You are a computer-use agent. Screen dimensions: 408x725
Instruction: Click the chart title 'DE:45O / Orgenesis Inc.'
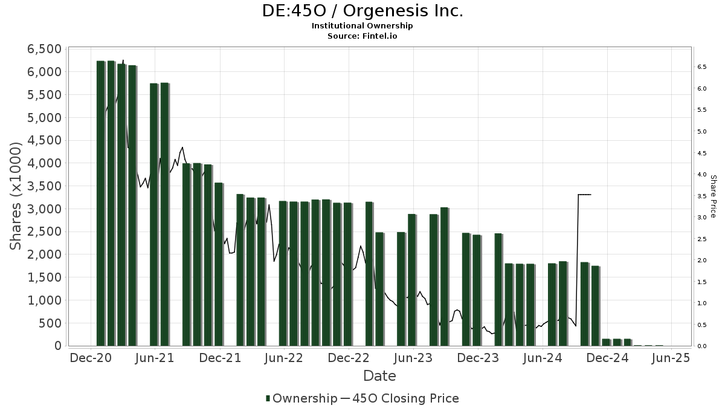click(x=362, y=11)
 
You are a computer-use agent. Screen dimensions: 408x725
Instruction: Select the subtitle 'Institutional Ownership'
click(x=362, y=26)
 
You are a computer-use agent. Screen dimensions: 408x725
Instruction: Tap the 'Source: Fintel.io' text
click(x=362, y=36)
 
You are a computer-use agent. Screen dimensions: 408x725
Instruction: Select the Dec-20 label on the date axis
click(x=90, y=358)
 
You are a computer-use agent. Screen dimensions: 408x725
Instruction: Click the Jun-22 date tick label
click(x=283, y=358)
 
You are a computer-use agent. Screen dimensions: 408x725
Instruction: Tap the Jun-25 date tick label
click(x=670, y=358)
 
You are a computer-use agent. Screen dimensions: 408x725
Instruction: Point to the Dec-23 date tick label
click(x=477, y=358)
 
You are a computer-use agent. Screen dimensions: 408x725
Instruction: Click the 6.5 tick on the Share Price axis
click(x=702, y=67)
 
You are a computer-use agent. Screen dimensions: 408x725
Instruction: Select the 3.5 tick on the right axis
click(x=702, y=196)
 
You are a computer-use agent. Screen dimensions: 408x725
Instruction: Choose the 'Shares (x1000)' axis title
click(x=16, y=196)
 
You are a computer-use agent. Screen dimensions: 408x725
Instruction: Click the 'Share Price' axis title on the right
click(x=713, y=196)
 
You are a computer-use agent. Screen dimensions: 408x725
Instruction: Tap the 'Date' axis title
click(x=379, y=376)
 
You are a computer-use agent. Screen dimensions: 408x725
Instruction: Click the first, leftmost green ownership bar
click(x=100, y=203)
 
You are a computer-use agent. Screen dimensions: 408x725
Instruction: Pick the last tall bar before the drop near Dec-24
click(x=595, y=305)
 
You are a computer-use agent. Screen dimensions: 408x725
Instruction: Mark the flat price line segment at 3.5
click(x=584, y=195)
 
